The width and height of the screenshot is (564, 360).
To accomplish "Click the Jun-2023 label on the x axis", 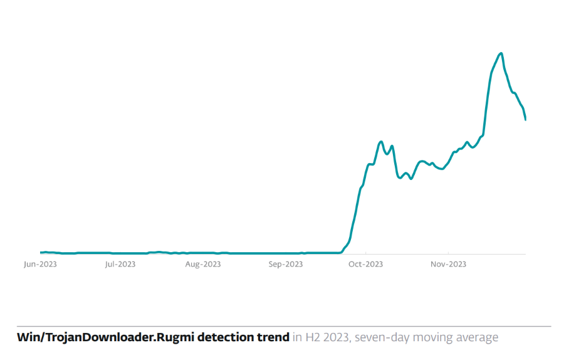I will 40,264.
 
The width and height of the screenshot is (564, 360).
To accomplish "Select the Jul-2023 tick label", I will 120,264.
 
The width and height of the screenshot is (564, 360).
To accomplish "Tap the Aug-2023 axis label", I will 203,264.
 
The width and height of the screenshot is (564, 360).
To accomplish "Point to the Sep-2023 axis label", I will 286,264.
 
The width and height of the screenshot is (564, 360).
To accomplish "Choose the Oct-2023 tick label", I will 365,264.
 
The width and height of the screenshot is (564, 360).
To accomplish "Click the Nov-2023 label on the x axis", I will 448,264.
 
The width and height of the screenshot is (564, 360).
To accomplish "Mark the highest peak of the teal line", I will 501,53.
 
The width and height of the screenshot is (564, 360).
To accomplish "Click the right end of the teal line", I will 525,119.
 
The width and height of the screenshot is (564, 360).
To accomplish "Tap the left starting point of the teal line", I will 41,252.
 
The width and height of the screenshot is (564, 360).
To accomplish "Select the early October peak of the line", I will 381,142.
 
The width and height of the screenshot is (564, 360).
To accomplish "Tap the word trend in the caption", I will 273,337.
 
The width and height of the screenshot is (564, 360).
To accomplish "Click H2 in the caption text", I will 313,337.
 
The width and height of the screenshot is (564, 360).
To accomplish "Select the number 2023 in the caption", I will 336,337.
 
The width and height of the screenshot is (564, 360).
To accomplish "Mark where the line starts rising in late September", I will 341,251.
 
